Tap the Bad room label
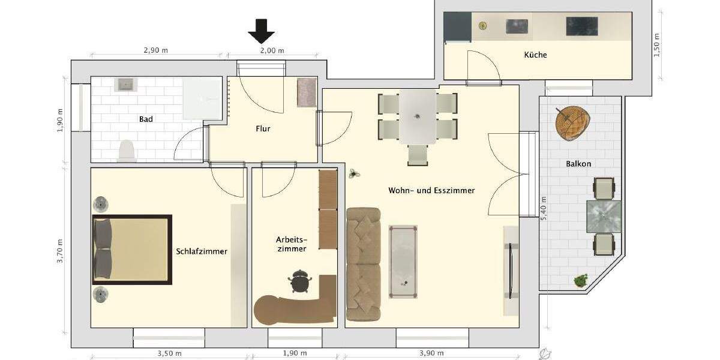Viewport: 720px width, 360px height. [x=146, y=119]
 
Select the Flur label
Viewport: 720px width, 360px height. [x=263, y=128]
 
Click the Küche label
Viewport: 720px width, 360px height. [x=535, y=55]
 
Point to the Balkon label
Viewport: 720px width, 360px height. [x=578, y=164]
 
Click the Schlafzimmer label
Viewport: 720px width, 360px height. [x=202, y=251]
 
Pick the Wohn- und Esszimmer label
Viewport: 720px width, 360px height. [x=431, y=190]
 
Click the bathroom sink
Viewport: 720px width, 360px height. [x=126, y=84]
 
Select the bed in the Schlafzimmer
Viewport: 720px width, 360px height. [x=132, y=249]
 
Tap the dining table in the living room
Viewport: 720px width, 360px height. [x=418, y=116]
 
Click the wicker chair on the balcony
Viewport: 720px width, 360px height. [x=572, y=122]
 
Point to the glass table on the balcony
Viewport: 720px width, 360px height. [x=603, y=216]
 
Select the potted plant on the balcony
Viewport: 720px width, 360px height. [x=580, y=280]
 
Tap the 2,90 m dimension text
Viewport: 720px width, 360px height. [x=155, y=50]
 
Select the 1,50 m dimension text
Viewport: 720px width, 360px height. [x=657, y=46]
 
